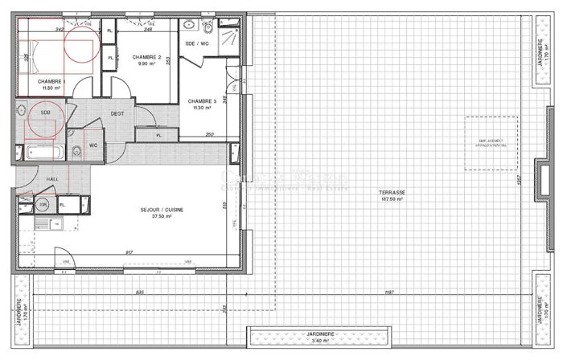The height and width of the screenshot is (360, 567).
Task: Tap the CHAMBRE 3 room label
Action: click(200, 101)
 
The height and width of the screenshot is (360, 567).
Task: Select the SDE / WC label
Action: click(197, 43)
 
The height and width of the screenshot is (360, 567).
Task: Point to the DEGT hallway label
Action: click(117, 113)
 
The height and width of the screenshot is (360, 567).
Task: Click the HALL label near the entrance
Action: click(31, 179)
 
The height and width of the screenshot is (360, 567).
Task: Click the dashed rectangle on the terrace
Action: click(491, 143)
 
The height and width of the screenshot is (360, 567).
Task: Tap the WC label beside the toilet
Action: click(93, 145)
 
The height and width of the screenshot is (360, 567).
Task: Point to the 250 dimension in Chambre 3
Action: click(210, 134)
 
